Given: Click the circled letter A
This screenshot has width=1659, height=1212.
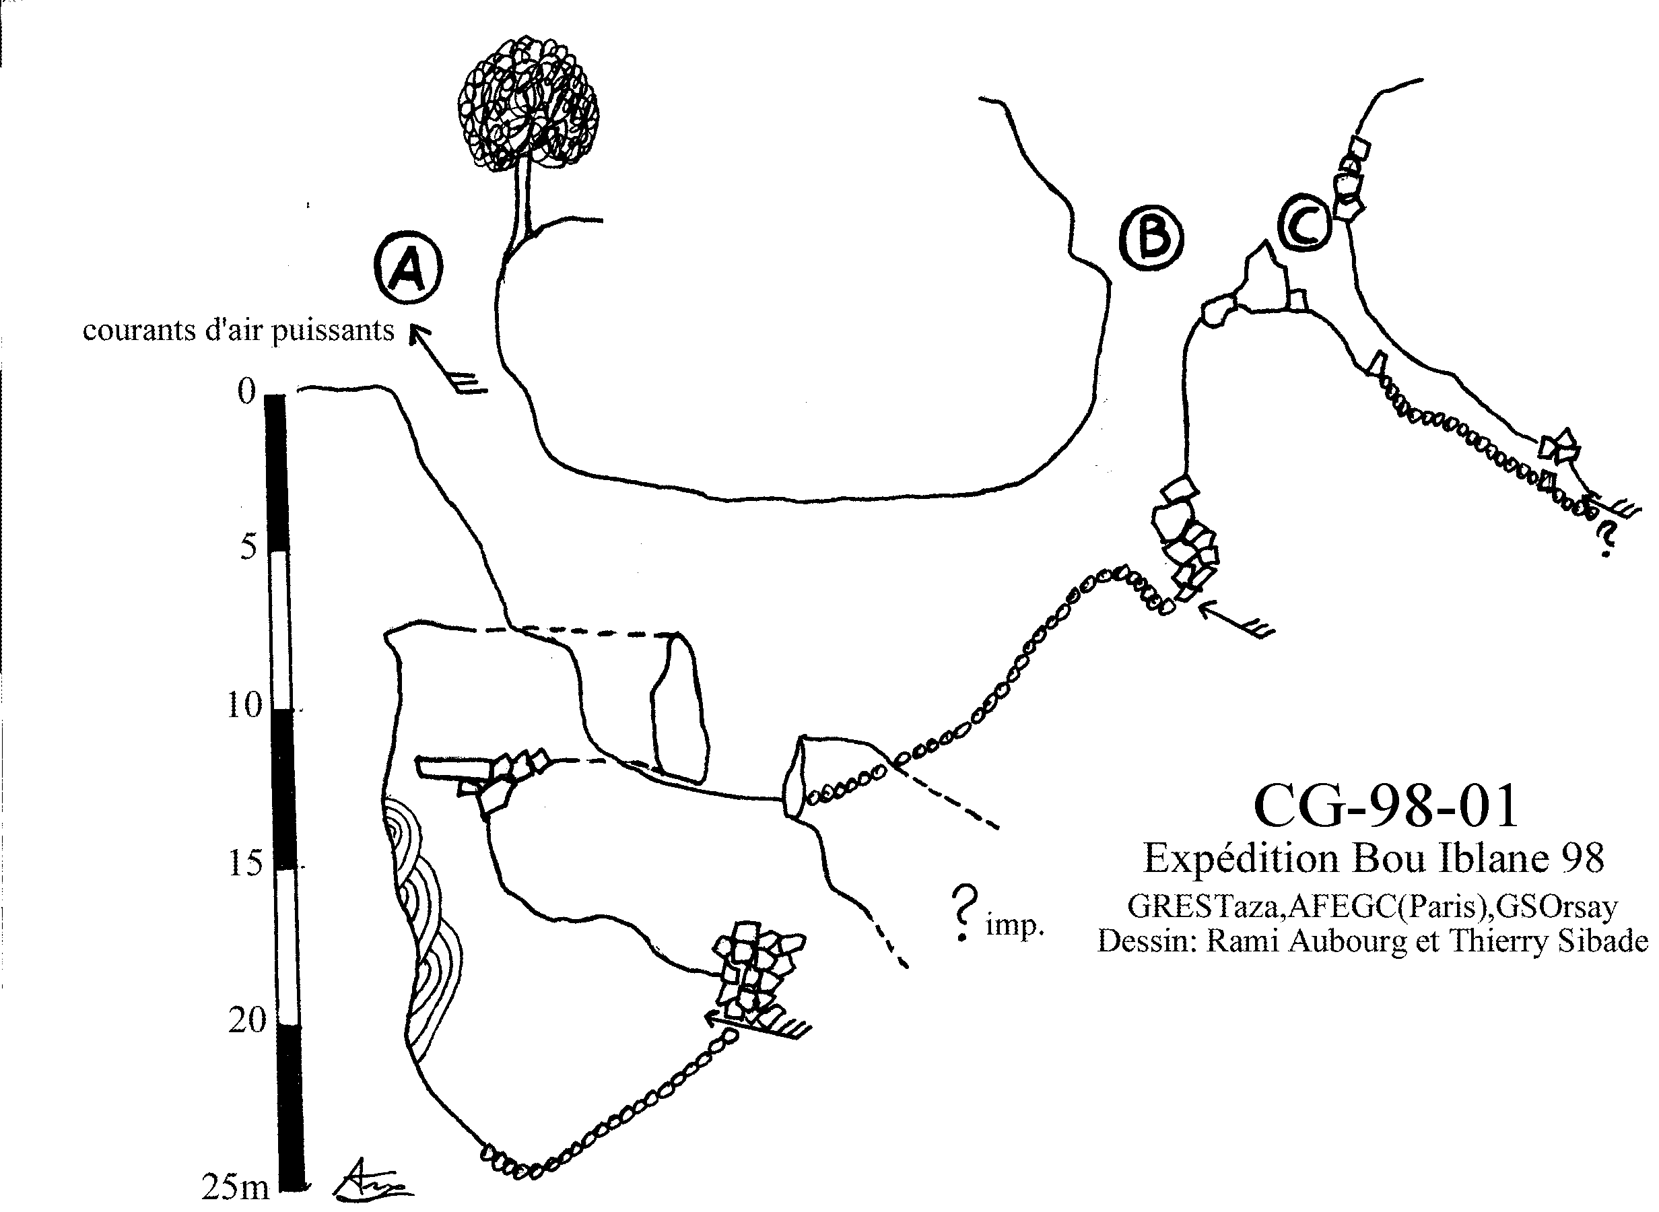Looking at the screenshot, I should point(408,269).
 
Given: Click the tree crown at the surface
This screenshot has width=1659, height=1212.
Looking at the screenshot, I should point(527,113).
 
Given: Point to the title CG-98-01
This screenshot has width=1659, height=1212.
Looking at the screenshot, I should point(1386,805).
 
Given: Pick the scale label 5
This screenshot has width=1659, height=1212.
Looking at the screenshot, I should point(248,547).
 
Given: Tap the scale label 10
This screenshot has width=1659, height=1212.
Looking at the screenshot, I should point(244,705).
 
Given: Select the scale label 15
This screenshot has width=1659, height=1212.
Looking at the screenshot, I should point(245,863).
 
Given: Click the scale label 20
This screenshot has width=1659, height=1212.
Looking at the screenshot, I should point(246,1020).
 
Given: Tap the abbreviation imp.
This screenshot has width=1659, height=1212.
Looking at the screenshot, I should point(1015,927).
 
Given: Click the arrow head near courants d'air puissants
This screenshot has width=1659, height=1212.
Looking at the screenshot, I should point(418,335).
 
